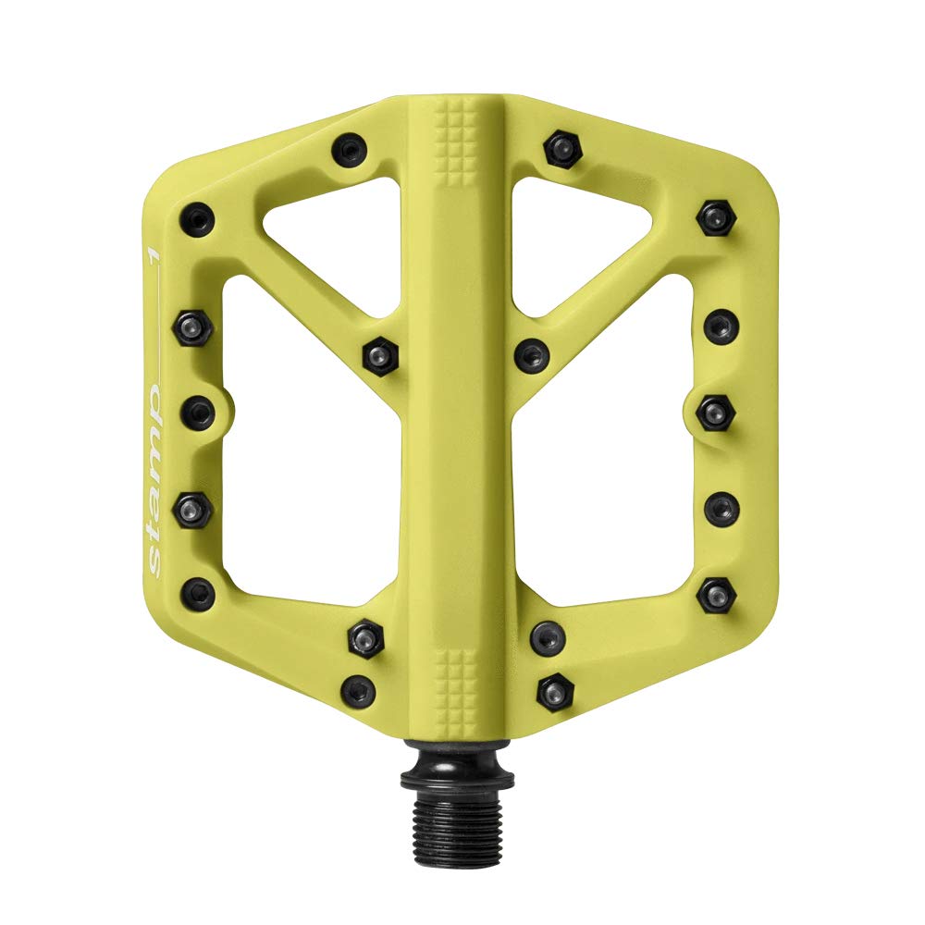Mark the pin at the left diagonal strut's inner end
[379, 355]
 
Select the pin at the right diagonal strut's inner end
[531, 354]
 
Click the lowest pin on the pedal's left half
[358, 690]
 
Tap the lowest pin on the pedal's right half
[555, 691]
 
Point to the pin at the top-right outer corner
[715, 217]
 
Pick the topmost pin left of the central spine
[349, 147]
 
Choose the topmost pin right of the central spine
[561, 145]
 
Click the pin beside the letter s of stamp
[198, 593]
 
